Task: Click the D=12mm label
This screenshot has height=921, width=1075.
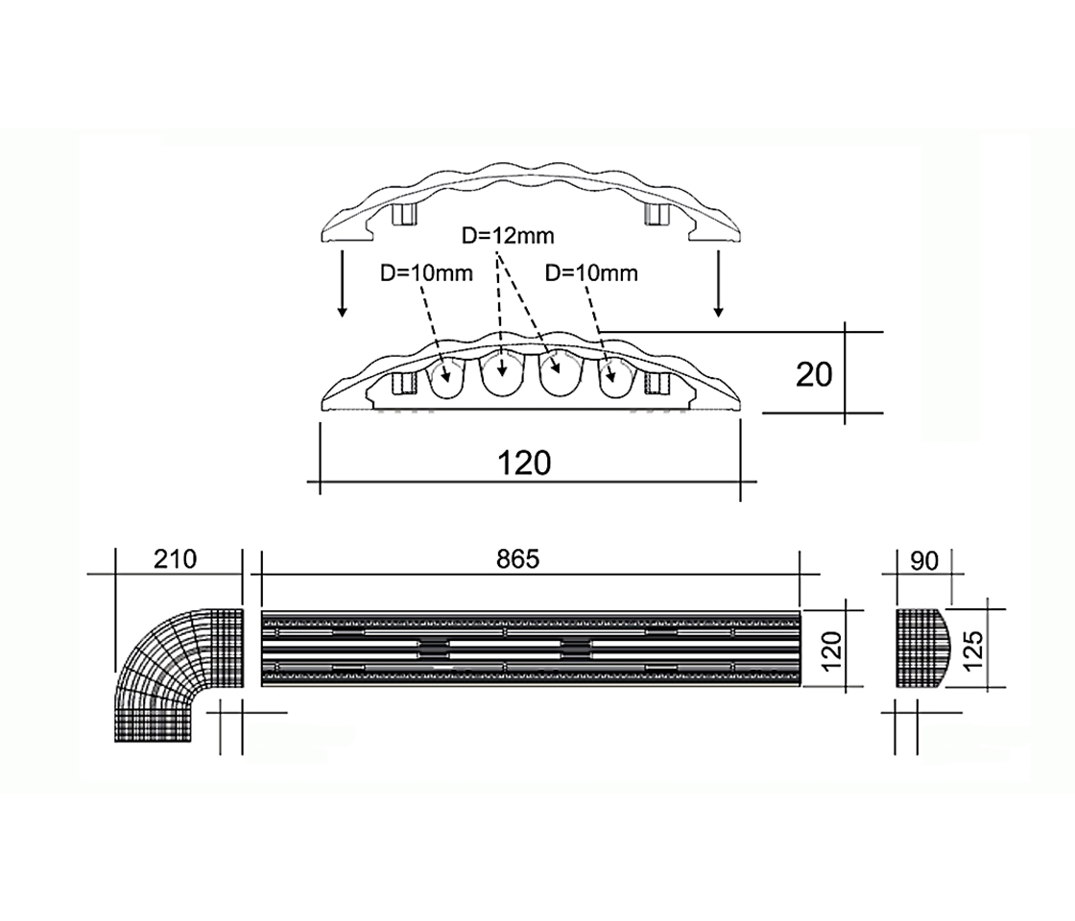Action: [506, 235]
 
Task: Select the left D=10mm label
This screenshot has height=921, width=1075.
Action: [426, 273]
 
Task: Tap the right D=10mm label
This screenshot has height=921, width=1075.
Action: [591, 273]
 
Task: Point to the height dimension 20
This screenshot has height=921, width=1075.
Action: [814, 374]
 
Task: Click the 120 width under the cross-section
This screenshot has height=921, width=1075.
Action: [525, 463]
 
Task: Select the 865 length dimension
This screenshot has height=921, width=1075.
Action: [519, 559]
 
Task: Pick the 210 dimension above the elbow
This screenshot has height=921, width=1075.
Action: [175, 559]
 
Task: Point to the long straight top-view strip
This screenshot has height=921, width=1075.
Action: [530, 649]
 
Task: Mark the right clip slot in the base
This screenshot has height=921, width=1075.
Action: [657, 384]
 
